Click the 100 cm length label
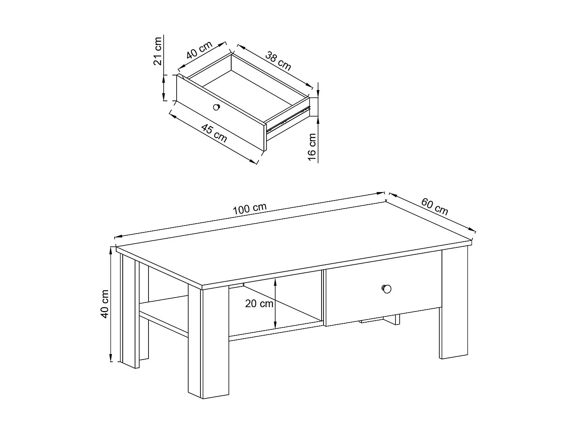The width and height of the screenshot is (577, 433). (x=249, y=209)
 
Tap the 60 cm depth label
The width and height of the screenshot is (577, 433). (x=435, y=206)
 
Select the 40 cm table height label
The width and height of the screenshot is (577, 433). (x=105, y=304)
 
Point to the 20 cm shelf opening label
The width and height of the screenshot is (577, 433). (x=259, y=304)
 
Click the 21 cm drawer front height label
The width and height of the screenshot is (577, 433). (x=158, y=51)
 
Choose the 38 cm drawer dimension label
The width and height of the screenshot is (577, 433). (x=278, y=61)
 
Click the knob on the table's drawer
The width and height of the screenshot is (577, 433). (x=386, y=289)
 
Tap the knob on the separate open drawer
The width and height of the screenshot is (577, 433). (x=217, y=107)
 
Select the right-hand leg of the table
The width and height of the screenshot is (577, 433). (x=454, y=304)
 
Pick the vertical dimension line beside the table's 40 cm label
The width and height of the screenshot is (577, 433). (x=111, y=304)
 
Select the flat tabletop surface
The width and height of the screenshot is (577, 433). (x=292, y=242)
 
